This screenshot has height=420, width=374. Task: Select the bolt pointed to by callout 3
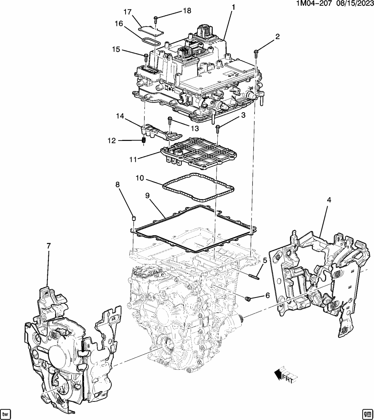point(218,127)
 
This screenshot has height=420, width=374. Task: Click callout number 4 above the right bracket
point(328,200)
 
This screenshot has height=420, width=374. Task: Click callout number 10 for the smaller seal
point(140,178)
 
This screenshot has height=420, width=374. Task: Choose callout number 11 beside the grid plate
point(133,159)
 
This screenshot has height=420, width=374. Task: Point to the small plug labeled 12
point(143,140)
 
